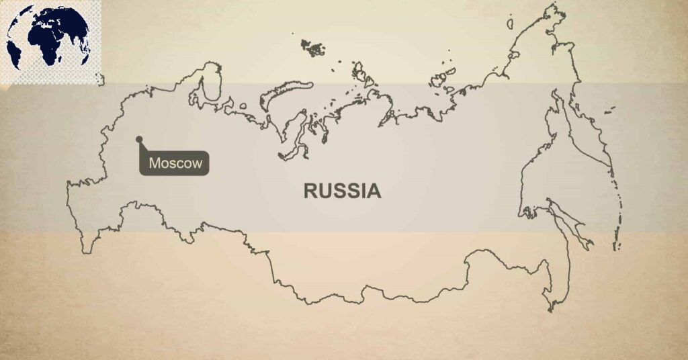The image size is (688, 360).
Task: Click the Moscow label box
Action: (175, 163)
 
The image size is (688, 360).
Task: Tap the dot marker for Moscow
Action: (139, 140)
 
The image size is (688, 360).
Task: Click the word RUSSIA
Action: (342, 191)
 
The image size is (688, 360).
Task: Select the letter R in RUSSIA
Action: (310, 191)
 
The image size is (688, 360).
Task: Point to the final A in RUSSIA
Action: (374, 191)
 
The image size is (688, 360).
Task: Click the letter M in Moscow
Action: (155, 163)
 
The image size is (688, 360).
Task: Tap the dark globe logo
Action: (48, 40)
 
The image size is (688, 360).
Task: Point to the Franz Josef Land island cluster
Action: (312, 47)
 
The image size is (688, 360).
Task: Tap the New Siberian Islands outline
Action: (440, 78)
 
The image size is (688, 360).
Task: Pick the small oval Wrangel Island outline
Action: (510, 24)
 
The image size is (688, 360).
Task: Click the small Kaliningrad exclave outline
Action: (99, 79)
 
